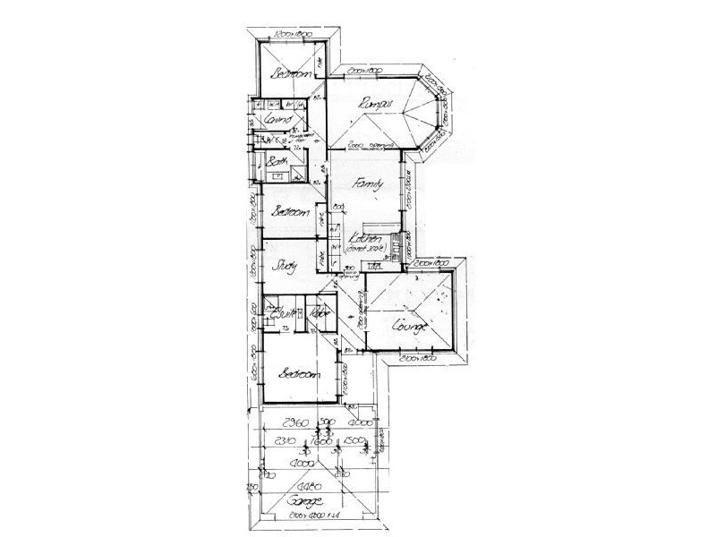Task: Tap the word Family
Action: pyautogui.click(x=368, y=183)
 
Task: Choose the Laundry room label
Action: pyautogui.click(x=275, y=119)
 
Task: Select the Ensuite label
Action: pyautogui.click(x=283, y=314)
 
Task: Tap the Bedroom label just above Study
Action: pyautogui.click(x=292, y=212)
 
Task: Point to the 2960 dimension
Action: pyautogui.click(x=294, y=422)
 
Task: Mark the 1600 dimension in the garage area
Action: pyautogui.click(x=323, y=441)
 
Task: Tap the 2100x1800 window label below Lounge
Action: pyautogui.click(x=417, y=358)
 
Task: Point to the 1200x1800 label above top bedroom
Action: pyautogui.click(x=294, y=33)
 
